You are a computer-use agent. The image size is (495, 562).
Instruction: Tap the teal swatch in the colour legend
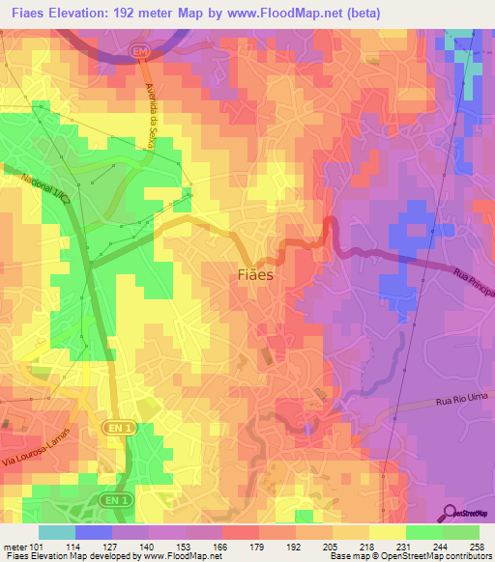coord(57,532)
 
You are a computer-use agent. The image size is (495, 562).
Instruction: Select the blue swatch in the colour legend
coord(94,532)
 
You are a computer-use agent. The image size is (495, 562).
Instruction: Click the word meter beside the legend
coord(15,546)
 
